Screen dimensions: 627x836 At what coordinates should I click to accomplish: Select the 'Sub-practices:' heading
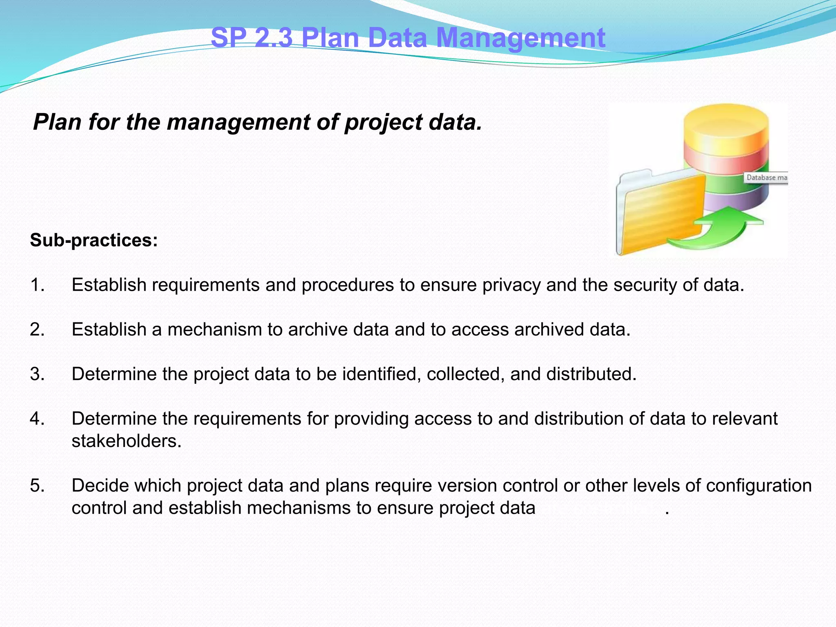(94, 240)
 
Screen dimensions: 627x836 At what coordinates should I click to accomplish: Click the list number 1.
(37, 285)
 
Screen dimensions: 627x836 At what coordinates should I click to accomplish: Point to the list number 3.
(37, 374)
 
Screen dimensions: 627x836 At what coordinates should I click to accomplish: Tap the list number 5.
(37, 486)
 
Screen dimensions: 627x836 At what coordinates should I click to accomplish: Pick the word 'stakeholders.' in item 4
(127, 441)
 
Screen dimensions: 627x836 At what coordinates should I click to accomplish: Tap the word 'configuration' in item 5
(759, 486)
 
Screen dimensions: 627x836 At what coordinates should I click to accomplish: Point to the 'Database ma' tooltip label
(766, 178)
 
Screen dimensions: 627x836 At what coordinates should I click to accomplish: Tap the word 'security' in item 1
(645, 285)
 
